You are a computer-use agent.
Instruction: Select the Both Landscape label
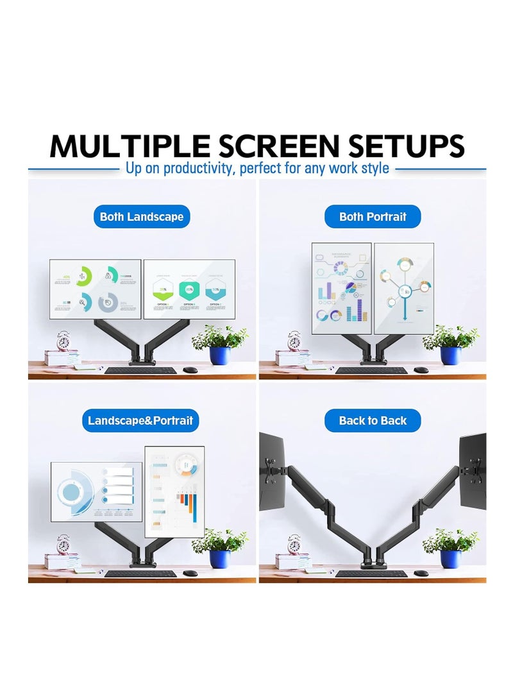[x=141, y=217]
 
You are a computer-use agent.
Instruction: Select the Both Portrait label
[x=373, y=217]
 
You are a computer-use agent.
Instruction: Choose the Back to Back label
[x=373, y=421]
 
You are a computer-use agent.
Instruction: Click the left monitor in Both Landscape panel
[x=96, y=289]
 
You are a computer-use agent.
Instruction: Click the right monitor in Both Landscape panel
[x=189, y=289]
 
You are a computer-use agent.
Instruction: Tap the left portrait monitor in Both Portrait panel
[x=341, y=288]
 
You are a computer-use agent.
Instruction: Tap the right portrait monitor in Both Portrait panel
[x=403, y=288]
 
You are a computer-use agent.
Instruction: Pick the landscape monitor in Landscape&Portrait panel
[x=96, y=491]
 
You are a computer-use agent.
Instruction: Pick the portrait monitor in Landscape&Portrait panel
[x=174, y=491]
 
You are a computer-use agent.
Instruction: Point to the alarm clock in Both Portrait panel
[x=294, y=340]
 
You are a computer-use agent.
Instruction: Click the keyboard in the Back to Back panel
[x=371, y=573]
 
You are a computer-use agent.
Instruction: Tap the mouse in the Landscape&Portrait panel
[x=190, y=572]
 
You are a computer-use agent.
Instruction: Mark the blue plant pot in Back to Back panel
[x=450, y=559]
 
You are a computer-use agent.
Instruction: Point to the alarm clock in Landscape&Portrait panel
[x=63, y=544]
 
